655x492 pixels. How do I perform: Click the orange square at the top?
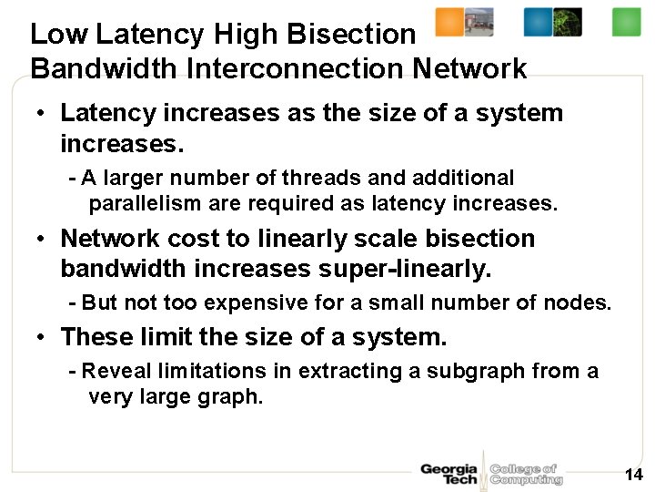pyautogui.click(x=449, y=22)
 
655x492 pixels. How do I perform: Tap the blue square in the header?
pyautogui.click(x=538, y=22)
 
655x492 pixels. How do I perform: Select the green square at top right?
pyautogui.click(x=626, y=22)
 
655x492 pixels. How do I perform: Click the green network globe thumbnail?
pyautogui.click(x=568, y=22)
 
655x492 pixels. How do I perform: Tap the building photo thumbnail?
pyautogui.click(x=479, y=22)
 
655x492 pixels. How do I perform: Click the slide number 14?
pyautogui.click(x=634, y=475)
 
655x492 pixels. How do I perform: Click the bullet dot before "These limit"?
pyautogui.click(x=42, y=338)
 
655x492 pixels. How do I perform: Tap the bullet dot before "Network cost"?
pyautogui.click(x=42, y=239)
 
